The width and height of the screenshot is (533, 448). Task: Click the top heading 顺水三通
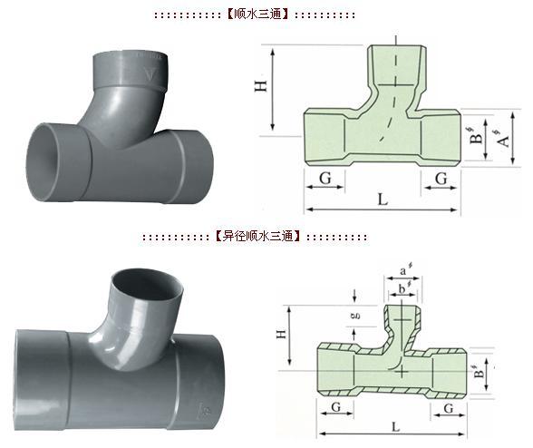tap(257, 15)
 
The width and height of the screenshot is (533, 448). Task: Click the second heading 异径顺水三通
tap(257, 236)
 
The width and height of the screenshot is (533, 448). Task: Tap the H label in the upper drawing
tap(261, 86)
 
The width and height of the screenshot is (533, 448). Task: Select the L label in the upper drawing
tap(383, 200)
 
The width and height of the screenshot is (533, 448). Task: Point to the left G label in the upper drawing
tap(325, 179)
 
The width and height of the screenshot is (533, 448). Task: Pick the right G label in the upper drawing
tap(441, 179)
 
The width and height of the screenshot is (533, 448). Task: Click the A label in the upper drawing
tap(504, 140)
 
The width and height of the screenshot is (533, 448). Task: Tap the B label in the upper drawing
tap(477, 136)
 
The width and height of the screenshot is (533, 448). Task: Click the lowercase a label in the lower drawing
tap(404, 271)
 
